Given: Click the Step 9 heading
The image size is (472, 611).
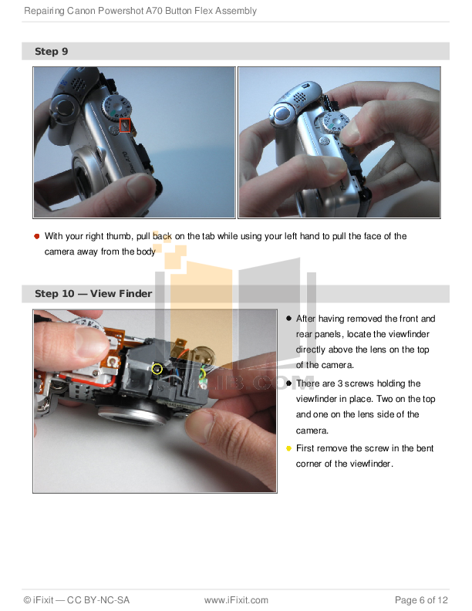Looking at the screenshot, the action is [x=51, y=52].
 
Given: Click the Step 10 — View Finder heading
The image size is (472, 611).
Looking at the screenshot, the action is [x=93, y=293].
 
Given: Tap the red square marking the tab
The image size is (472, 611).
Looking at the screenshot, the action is [x=125, y=125].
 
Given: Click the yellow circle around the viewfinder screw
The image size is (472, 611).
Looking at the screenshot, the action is [x=157, y=369].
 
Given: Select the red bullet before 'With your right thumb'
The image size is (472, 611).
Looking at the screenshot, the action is [x=36, y=236].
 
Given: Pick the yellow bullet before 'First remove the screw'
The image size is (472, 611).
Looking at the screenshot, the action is [x=288, y=448].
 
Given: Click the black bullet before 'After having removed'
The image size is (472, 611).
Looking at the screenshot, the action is [x=288, y=319].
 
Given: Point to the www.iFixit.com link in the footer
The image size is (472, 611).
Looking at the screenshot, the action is [x=236, y=600].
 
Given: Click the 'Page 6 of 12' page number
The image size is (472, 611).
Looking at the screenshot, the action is [x=421, y=600].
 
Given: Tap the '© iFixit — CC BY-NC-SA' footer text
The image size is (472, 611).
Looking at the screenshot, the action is [x=76, y=600].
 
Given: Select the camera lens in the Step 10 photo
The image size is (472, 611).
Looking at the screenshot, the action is [x=133, y=414].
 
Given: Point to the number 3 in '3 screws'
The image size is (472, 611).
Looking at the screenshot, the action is [x=340, y=383].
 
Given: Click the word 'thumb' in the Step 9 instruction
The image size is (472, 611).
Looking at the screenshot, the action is [x=120, y=236].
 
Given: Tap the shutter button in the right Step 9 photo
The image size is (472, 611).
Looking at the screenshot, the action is [x=282, y=113].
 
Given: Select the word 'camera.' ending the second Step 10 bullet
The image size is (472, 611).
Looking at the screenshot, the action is [x=312, y=430].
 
